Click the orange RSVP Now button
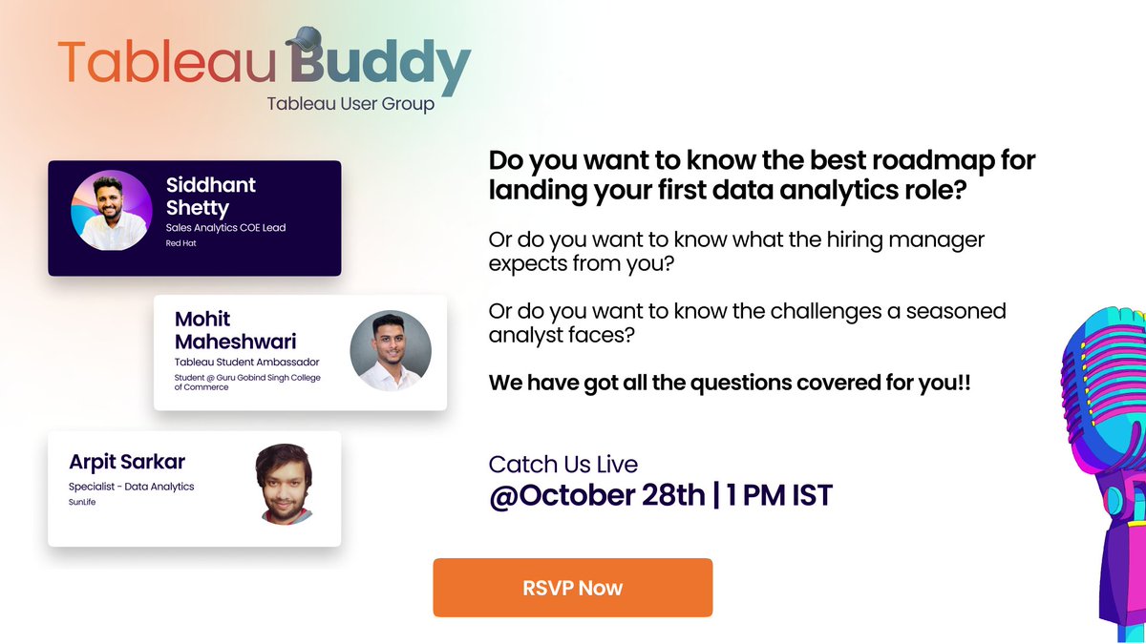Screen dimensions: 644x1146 click(x=572, y=588)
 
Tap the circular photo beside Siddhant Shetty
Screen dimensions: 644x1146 click(x=109, y=211)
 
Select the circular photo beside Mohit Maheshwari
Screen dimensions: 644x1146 click(x=391, y=350)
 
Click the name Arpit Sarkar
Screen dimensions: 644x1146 click(x=127, y=462)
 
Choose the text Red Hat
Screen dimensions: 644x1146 click(x=180, y=243)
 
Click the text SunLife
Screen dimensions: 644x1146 click(x=83, y=502)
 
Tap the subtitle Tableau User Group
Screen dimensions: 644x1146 click(x=350, y=103)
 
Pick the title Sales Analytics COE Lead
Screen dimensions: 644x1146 click(x=225, y=227)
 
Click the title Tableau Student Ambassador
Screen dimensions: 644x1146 click(x=246, y=362)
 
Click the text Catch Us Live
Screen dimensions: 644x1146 click(x=562, y=465)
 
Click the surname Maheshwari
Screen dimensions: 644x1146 click(x=236, y=341)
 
